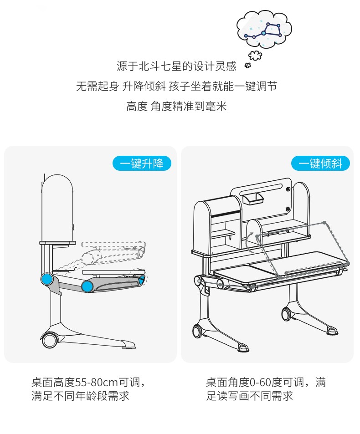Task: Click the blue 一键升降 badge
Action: [x=142, y=163]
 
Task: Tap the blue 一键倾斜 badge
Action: [x=320, y=163]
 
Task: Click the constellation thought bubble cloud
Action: [x=264, y=28]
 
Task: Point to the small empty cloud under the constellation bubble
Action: [x=256, y=56]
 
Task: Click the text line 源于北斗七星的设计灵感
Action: [x=177, y=66]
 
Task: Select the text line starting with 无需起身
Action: [x=176, y=87]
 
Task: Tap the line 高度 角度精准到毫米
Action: [x=176, y=107]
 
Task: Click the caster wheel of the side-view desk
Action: [x=49, y=339]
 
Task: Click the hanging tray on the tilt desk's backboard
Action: [x=254, y=198]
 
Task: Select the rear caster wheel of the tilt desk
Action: [x=287, y=313]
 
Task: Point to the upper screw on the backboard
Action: [x=288, y=188]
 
